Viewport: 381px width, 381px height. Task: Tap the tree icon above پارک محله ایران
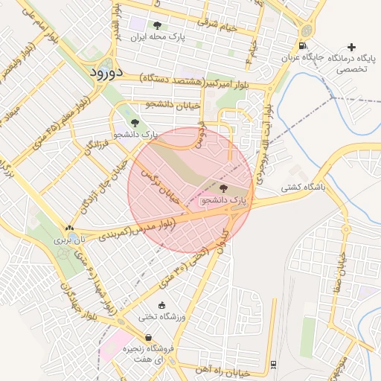(156, 25)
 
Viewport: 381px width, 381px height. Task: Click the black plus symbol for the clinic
(352, 47)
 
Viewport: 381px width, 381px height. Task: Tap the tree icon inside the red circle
(224, 189)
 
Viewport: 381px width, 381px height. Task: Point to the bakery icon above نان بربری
(69, 229)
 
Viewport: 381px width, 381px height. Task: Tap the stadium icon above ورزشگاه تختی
(162, 305)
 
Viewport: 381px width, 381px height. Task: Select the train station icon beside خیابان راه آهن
(273, 363)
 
